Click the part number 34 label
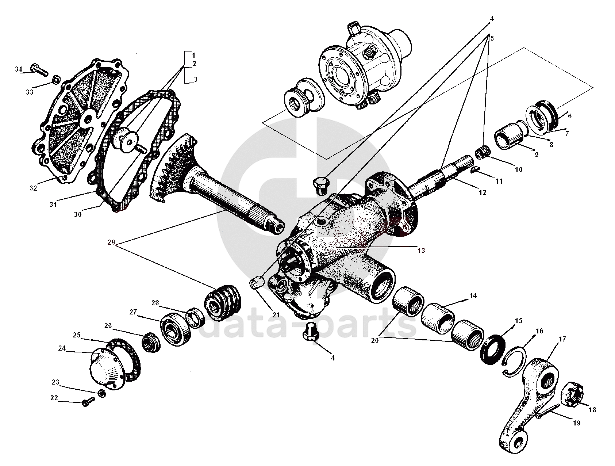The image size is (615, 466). tap(19, 69)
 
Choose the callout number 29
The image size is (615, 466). tap(111, 242)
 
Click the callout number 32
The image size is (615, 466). tap(34, 188)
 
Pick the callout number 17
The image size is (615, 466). tap(562, 339)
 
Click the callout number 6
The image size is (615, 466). tap(570, 116)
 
